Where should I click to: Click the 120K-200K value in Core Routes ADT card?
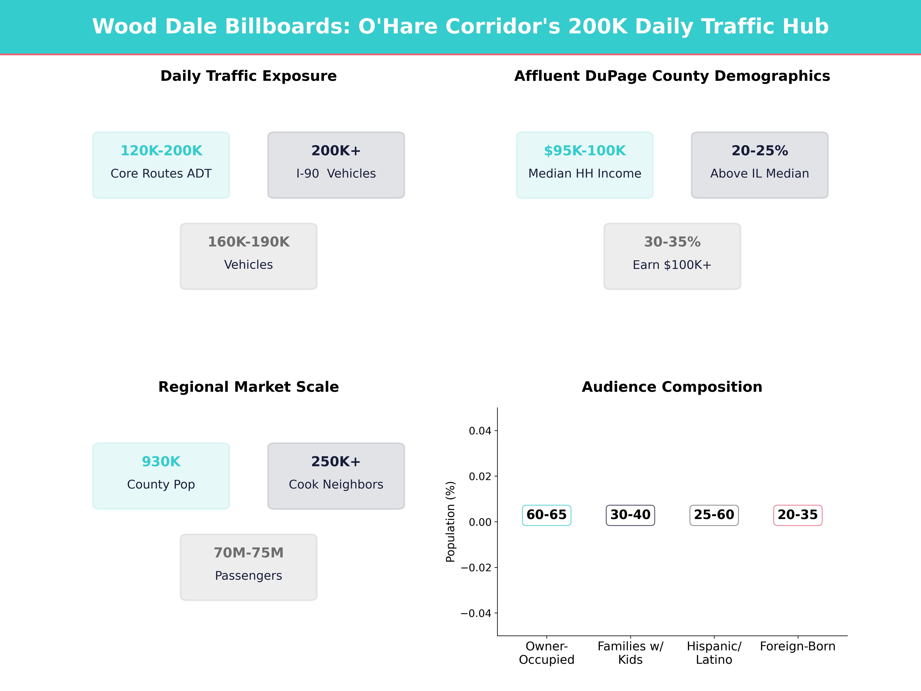click(161, 151)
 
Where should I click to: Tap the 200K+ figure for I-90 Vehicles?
click(336, 151)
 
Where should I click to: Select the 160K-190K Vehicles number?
click(248, 242)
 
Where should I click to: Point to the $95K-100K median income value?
click(585, 151)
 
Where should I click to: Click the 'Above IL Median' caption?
click(759, 174)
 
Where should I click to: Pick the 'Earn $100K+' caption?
click(672, 265)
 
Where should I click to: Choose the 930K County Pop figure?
click(161, 461)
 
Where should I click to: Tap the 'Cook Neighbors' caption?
click(336, 484)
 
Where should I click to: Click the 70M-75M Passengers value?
click(248, 553)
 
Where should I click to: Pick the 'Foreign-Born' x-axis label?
click(797, 646)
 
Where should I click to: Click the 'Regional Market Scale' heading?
click(248, 387)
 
